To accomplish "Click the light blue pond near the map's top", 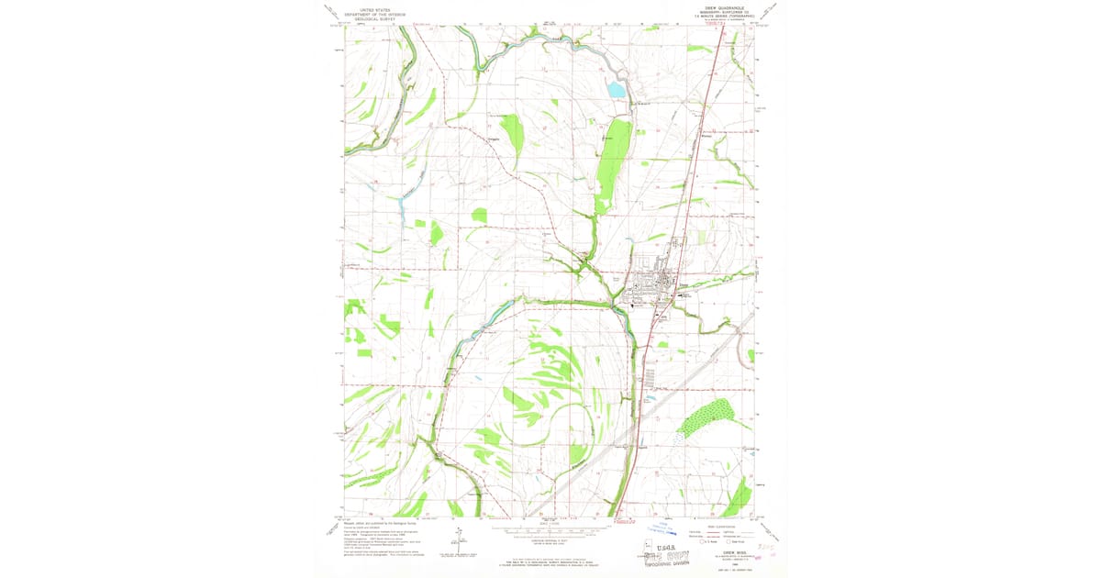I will (x=616, y=90).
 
